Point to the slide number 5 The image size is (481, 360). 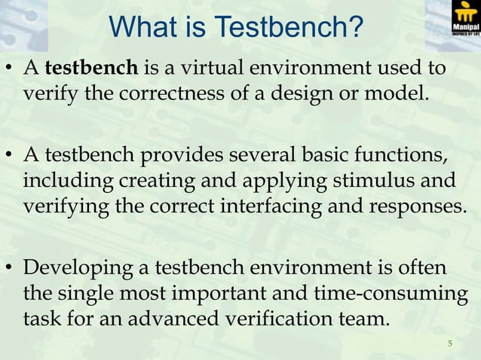click(449, 345)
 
